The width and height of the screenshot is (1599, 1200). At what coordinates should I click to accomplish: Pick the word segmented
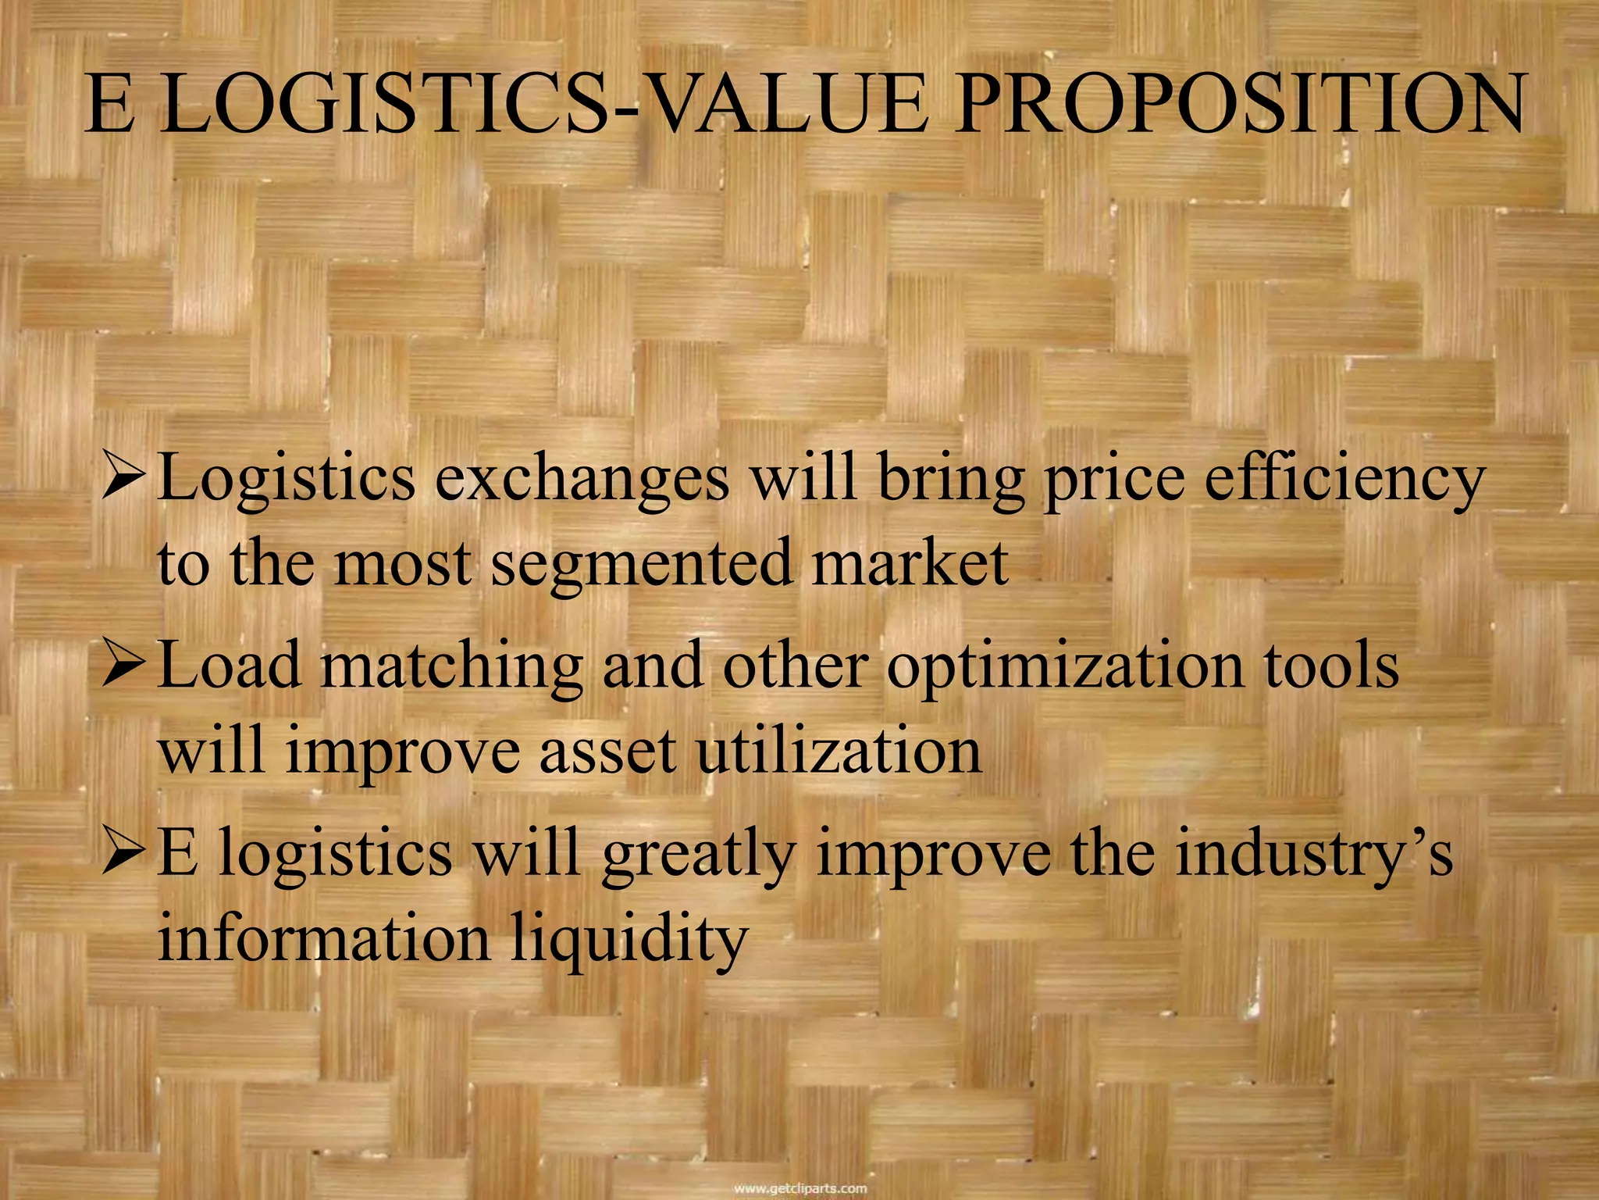pos(640,564)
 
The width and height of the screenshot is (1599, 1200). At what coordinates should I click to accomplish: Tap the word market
pos(910,564)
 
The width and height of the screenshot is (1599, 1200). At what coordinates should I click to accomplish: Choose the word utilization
pos(839,752)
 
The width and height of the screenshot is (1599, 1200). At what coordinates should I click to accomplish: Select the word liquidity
pos(629,939)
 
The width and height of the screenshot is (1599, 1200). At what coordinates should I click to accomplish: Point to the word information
pos(324,939)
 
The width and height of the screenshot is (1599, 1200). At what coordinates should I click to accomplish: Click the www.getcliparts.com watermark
pos(800,1189)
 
